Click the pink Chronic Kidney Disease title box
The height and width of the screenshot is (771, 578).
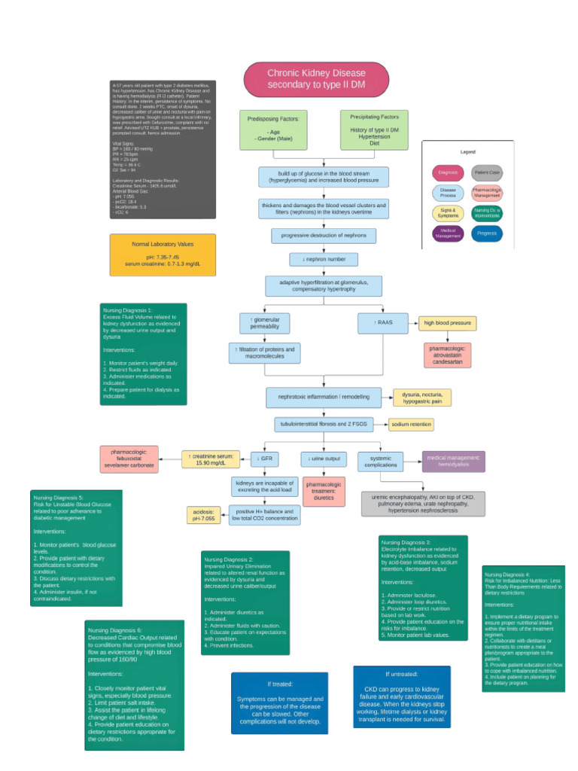(316, 79)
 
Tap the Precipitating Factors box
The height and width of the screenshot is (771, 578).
(374, 130)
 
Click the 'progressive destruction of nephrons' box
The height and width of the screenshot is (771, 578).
(324, 236)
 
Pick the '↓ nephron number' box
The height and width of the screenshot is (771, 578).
(324, 260)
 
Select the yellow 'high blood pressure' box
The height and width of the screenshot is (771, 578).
(447, 323)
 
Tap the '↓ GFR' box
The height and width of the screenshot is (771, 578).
(265, 458)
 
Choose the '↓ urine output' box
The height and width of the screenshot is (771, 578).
(324, 458)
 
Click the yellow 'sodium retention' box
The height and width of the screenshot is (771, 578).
(412, 425)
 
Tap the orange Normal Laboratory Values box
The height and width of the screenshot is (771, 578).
(163, 254)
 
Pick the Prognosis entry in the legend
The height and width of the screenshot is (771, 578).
(488, 233)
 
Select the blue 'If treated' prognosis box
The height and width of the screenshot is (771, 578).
(279, 703)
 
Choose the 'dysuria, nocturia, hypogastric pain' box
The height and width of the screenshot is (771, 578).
(421, 398)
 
